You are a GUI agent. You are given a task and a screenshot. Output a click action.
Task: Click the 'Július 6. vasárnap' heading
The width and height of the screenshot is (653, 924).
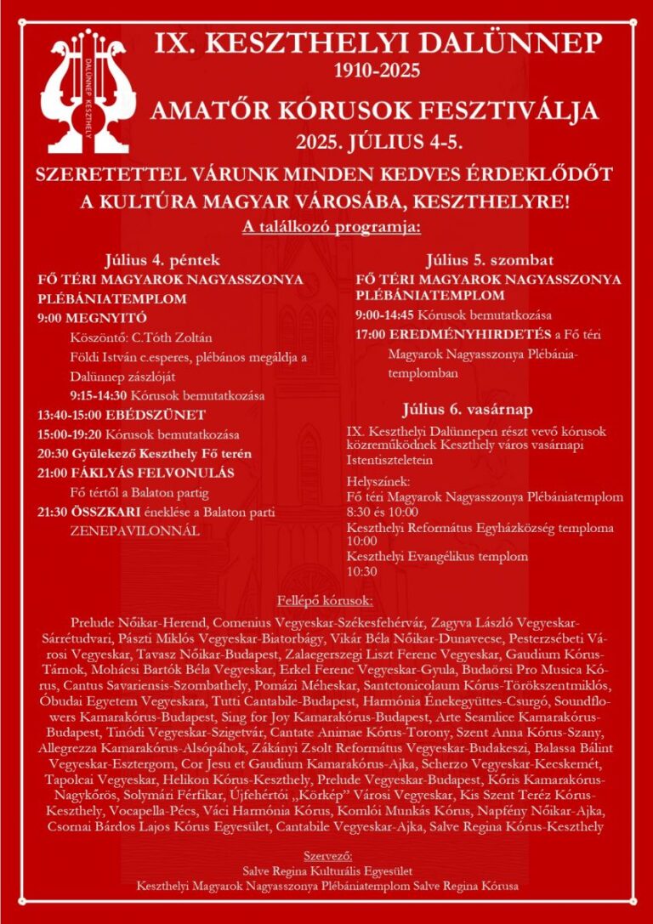click(x=481, y=410)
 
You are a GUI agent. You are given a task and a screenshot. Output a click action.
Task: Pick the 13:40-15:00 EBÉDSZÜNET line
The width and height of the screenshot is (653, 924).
click(x=122, y=415)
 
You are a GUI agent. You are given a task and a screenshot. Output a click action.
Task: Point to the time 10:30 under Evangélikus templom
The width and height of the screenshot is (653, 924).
click(x=362, y=572)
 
